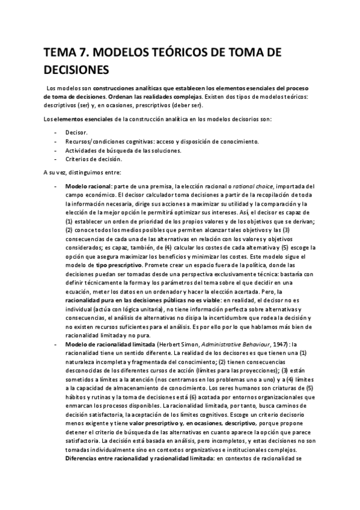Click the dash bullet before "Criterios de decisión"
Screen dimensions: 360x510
[x=56, y=159]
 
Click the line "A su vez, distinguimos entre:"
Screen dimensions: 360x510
[x=79, y=173]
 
